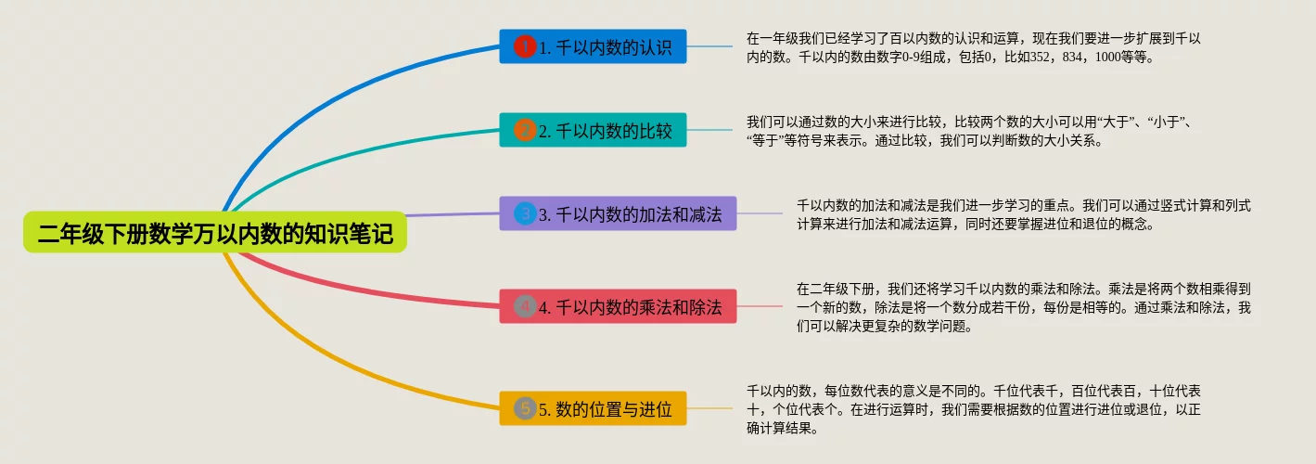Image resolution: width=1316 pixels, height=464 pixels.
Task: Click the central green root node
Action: point(215,232)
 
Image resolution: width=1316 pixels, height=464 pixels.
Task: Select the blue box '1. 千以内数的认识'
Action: point(593,46)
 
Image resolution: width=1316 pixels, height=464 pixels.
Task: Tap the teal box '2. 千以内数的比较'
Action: point(593,130)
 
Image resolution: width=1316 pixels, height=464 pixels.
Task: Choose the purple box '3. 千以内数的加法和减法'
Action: point(618,213)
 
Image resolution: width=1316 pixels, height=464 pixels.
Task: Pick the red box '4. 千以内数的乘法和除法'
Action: point(618,306)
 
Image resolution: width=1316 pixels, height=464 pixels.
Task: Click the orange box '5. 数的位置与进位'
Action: point(593,408)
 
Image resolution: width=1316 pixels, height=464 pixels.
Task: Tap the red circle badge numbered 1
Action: point(525,46)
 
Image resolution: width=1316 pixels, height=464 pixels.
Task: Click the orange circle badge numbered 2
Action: point(525,130)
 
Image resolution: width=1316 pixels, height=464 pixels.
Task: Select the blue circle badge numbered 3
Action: point(525,213)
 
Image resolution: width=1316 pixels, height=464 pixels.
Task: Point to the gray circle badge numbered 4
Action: point(525,306)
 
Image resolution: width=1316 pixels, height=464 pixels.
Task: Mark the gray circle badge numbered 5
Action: point(525,408)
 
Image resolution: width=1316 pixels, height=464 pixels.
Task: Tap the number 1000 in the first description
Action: point(1108,57)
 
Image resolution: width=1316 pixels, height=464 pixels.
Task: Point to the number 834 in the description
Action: point(1072,57)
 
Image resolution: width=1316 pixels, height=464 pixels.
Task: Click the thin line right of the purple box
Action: point(760,213)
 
